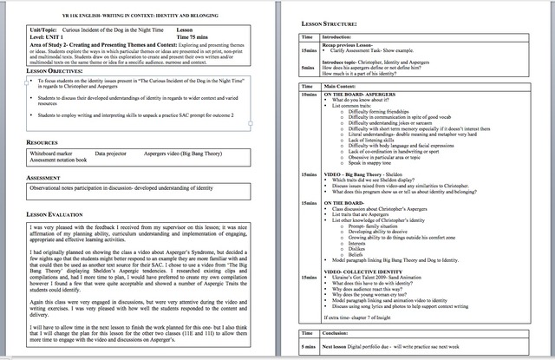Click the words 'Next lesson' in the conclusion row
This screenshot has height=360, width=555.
click(339, 344)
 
